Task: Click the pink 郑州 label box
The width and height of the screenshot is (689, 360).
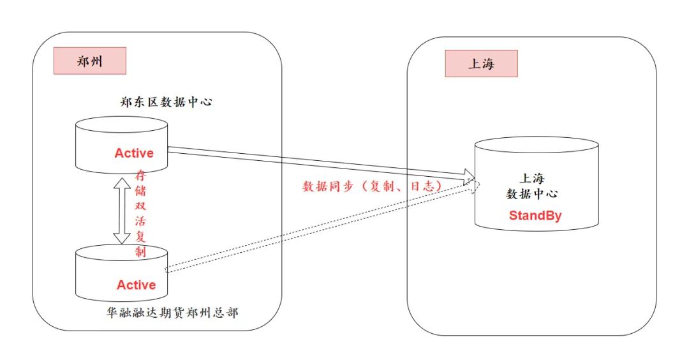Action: (x=89, y=61)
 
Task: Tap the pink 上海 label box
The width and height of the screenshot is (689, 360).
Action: (x=481, y=64)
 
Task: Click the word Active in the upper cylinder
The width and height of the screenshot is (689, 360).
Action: (x=134, y=153)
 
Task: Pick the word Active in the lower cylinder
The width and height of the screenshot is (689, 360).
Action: (x=136, y=285)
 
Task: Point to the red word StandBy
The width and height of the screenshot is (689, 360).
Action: (x=535, y=216)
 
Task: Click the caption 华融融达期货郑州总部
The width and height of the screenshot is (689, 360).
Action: (x=172, y=313)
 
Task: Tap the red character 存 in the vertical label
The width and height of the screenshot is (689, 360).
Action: (x=140, y=176)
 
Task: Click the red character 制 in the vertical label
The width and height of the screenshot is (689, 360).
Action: (x=140, y=252)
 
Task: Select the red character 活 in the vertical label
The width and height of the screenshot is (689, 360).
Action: (x=140, y=221)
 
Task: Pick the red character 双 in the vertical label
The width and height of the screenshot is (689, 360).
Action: (x=140, y=206)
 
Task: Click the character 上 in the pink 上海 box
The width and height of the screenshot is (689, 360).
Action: (x=474, y=64)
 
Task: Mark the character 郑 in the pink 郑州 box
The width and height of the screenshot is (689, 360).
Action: (x=82, y=61)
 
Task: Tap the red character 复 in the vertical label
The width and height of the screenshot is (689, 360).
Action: (x=140, y=237)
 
